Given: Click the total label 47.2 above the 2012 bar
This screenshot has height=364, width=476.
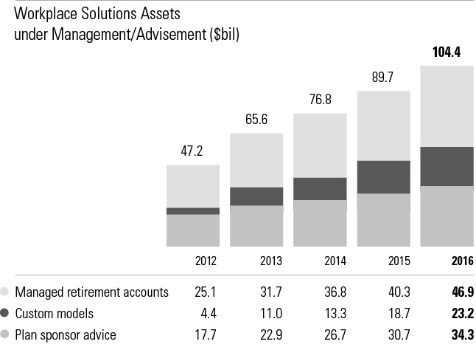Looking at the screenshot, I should click(x=192, y=151).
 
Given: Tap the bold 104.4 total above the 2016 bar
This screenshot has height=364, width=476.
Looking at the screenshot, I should click(x=447, y=52).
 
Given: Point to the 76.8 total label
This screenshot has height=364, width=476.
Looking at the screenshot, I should click(x=320, y=100).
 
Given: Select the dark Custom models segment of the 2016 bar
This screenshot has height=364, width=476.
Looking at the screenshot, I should click(x=447, y=166).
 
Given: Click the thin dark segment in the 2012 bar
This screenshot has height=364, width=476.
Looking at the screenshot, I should click(x=192, y=211).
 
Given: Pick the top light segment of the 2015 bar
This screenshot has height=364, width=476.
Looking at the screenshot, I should click(x=383, y=126).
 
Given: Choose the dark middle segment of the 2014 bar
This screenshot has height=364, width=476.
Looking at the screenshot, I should click(x=320, y=188).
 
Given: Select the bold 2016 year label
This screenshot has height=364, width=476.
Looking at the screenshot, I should click(x=461, y=261).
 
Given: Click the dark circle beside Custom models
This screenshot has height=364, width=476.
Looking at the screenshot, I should click(x=6, y=313).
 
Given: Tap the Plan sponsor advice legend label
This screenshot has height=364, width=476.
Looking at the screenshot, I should click(x=66, y=334).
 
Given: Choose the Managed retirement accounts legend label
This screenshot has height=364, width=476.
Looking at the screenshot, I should click(x=92, y=292).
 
